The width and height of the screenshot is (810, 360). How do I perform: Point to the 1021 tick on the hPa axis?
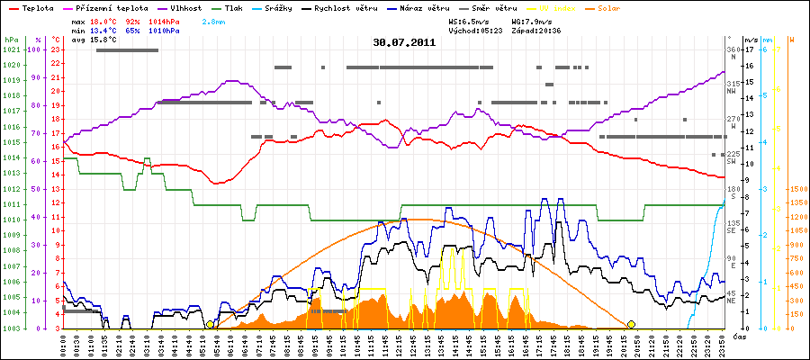(x=11, y=49)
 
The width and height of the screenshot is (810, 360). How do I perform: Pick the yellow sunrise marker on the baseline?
(x=210, y=324)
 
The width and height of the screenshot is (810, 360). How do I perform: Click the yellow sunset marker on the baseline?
(x=631, y=324)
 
